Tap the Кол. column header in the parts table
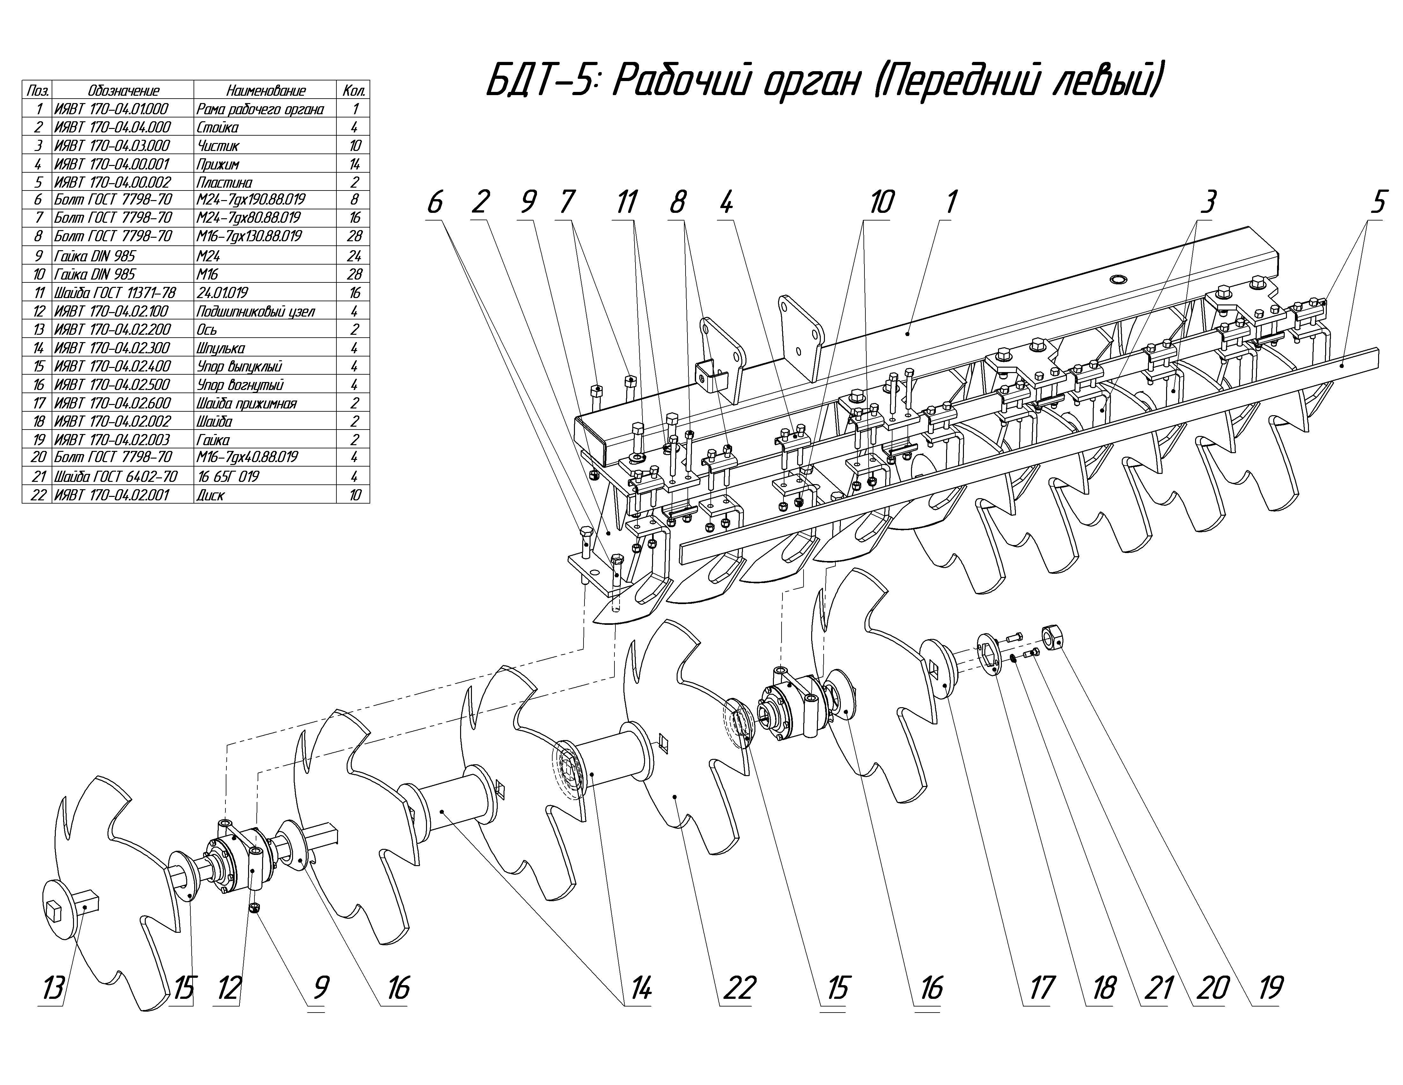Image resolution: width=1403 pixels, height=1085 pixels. pos(354,91)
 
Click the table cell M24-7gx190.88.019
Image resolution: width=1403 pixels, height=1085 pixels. pos(251,200)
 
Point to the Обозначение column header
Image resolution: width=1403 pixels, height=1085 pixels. pos(123,91)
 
